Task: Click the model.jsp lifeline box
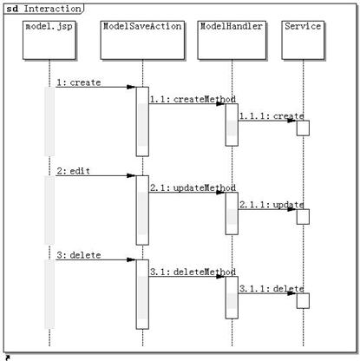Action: point(49,40)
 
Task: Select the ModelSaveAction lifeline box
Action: point(142,40)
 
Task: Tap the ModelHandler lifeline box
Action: point(232,40)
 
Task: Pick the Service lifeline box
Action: point(303,40)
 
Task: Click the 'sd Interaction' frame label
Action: point(44,9)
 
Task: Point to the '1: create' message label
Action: point(79,82)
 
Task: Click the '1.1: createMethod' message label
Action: point(193,99)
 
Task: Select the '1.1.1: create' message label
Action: point(272,116)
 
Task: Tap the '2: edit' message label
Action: point(73,171)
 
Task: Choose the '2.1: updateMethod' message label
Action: point(193,187)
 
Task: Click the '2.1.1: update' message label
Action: point(272,205)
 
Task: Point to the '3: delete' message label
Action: point(79,255)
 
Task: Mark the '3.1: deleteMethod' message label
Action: point(193,272)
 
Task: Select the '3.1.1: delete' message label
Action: point(272,289)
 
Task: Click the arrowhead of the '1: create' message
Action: point(131,87)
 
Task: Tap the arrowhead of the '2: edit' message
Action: point(131,175)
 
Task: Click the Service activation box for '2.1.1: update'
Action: point(303,217)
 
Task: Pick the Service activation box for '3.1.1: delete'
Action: point(303,301)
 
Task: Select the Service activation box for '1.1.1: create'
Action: point(303,128)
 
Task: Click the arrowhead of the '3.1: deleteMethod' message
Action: point(220,277)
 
